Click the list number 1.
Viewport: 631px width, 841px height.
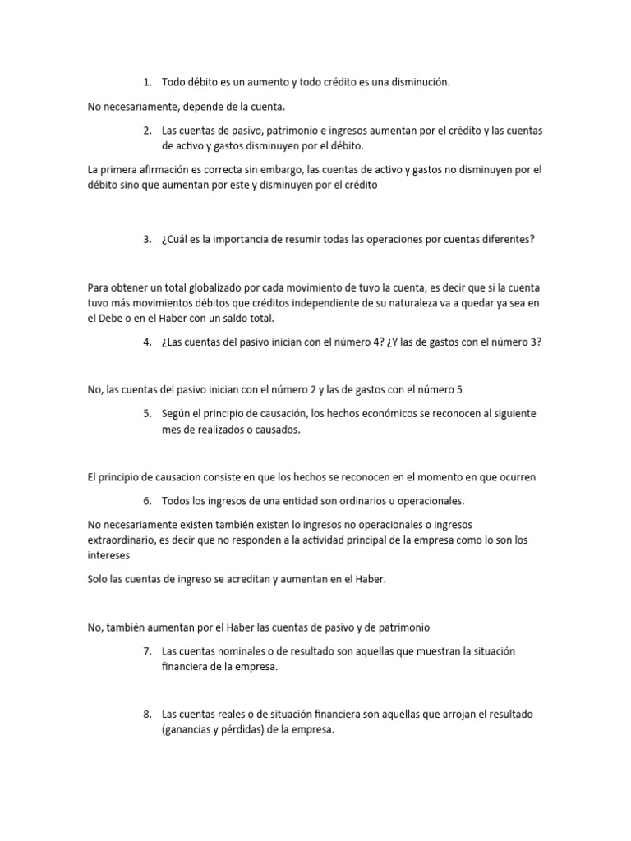tap(146, 82)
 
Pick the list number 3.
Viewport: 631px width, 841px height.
tap(146, 240)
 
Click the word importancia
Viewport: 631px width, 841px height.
tap(250, 240)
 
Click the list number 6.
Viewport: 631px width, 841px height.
tap(146, 501)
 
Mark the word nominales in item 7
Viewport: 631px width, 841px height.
tap(237, 651)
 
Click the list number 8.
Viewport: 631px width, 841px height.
tap(146, 715)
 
